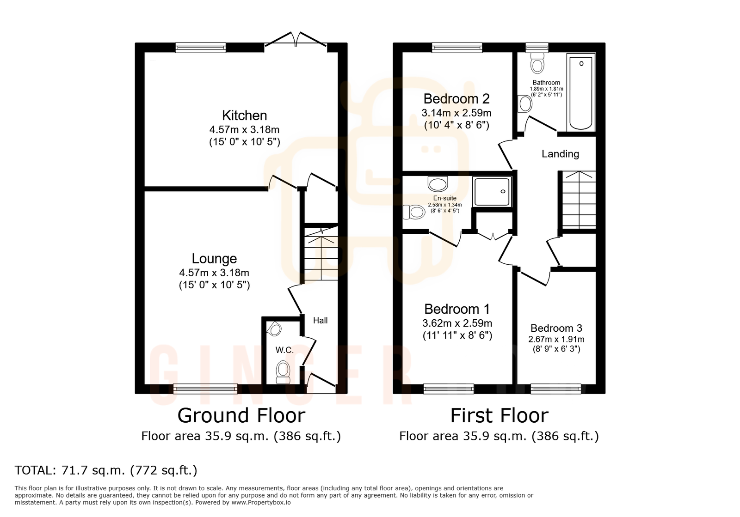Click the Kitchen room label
coord(244,116)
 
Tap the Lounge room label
coord(214,259)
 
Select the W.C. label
coord(284,350)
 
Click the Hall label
coord(320,321)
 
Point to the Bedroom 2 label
coord(456,99)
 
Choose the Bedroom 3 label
coord(556,328)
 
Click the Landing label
coord(560,154)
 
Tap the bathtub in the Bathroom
coord(581,91)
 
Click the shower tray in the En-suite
coord(492,191)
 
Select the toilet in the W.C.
coord(283,371)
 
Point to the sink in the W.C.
coord(275,329)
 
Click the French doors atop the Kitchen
coord(296,40)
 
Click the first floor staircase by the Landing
coord(578,200)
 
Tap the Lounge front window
coord(205,389)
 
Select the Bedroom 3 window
coord(555,389)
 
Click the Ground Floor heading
coord(241,416)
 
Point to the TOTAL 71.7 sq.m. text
coord(106,470)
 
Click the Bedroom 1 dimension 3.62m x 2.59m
coord(457,323)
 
